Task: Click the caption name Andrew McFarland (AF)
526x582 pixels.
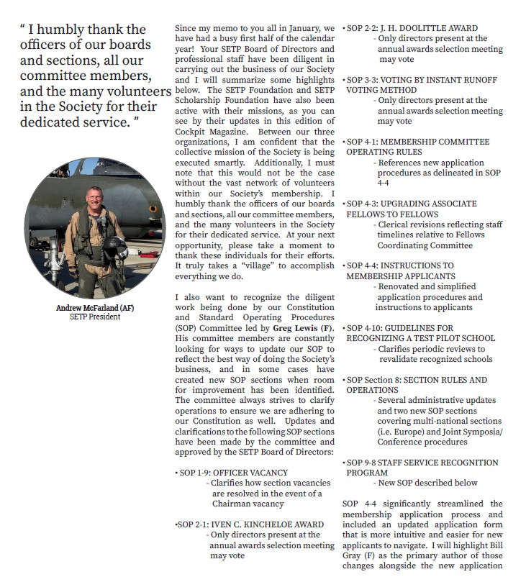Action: [x=94, y=308]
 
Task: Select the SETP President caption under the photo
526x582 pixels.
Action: [x=94, y=317]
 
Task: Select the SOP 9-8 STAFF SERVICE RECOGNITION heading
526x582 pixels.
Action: [x=422, y=463]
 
